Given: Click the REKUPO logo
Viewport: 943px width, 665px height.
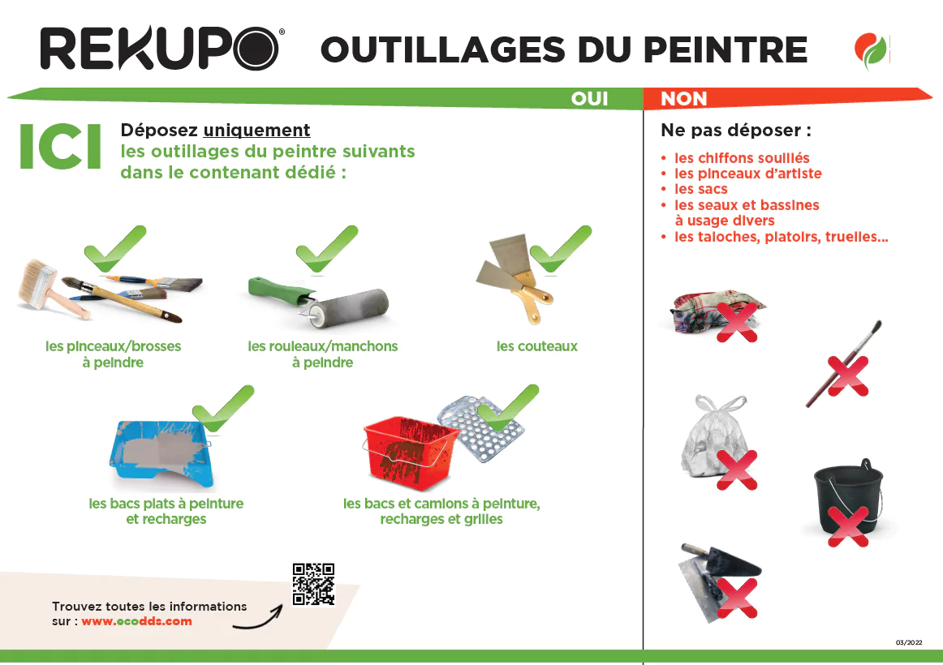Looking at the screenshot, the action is (161, 49).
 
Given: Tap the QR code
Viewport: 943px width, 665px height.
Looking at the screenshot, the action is (313, 584).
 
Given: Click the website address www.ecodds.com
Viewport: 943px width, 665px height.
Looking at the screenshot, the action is (136, 621).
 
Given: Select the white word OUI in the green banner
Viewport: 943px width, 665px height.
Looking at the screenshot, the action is (589, 98).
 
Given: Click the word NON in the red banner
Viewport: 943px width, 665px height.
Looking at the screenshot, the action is (684, 98).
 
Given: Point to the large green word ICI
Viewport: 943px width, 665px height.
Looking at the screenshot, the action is (60, 147).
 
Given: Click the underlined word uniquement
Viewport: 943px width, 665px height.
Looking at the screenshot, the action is (256, 130).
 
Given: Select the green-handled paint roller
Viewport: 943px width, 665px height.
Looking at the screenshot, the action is (319, 302).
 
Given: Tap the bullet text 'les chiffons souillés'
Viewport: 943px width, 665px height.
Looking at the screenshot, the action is (742, 158).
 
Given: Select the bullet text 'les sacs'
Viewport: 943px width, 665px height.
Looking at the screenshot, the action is (700, 189).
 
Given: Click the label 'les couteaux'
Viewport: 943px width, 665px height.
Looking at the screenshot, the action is (537, 346).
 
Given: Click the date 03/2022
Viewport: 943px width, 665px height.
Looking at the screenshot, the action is (909, 642).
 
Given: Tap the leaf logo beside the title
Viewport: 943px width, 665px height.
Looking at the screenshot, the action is (871, 50).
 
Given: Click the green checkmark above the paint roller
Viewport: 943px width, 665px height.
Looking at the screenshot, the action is (326, 248).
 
